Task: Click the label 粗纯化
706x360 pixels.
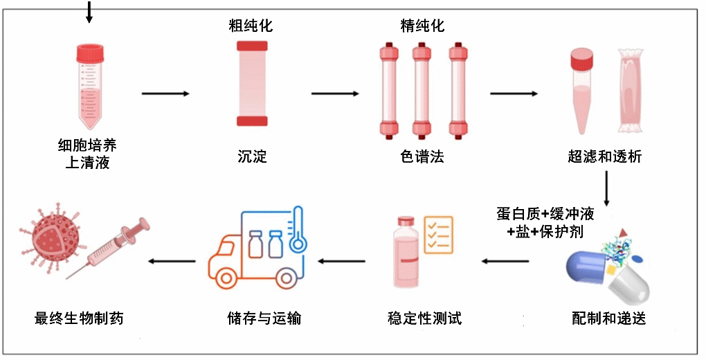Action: click(x=251, y=26)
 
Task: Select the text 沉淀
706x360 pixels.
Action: click(x=251, y=157)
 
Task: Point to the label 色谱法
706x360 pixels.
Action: click(x=422, y=157)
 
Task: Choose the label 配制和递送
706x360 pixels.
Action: click(x=609, y=318)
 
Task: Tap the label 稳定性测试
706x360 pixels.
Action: click(x=424, y=318)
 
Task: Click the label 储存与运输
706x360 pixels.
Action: click(x=264, y=318)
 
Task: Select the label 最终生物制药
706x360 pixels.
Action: click(x=83, y=318)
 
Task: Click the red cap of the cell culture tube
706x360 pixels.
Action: click(x=91, y=53)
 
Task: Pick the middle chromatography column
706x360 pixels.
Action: click(x=422, y=90)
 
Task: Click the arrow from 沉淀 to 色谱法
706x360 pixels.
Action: click(x=335, y=93)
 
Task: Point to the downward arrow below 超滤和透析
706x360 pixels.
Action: click(x=606, y=187)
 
